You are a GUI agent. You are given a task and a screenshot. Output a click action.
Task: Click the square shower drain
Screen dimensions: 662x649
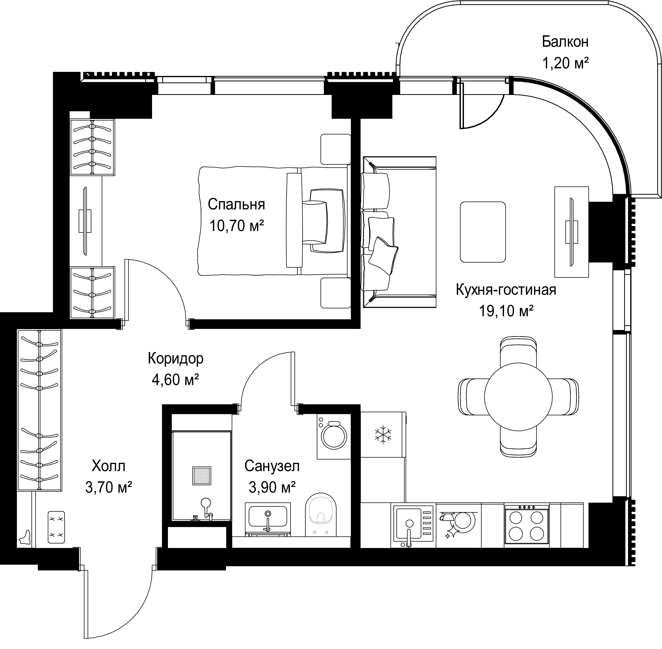click(202, 475)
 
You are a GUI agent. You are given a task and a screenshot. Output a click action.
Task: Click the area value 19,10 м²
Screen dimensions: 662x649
click(506, 311)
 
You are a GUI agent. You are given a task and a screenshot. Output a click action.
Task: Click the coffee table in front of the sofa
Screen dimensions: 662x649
click(483, 232)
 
